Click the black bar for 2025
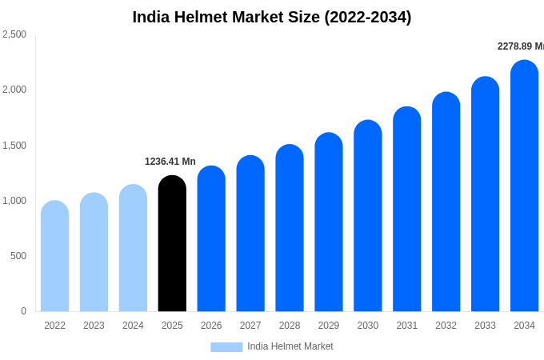[172, 244]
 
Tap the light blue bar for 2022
[54, 256]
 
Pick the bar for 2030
[368, 216]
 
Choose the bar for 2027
[250, 234]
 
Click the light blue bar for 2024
[133, 248]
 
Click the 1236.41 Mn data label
[170, 162]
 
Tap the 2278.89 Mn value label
[520, 46]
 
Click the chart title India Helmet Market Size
[272, 17]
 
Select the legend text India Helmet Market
[290, 346]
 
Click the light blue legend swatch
[226, 347]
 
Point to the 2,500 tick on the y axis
[14, 34]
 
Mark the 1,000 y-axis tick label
[14, 201]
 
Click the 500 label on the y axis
[18, 256]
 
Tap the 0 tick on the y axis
[23, 311]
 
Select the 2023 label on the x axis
[94, 326]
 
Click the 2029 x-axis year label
[329, 326]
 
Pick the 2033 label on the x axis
[485, 326]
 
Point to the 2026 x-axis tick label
[211, 326]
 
